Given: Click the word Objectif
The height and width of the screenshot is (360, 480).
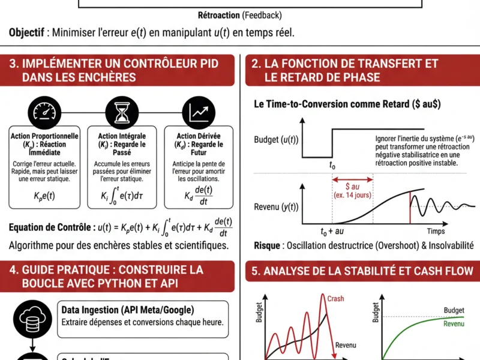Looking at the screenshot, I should [28, 33].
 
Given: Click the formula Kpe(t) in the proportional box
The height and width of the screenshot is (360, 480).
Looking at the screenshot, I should [45, 195].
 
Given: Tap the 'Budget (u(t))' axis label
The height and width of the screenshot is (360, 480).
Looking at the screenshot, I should [276, 140].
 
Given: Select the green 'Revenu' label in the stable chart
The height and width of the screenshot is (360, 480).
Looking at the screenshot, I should [454, 324].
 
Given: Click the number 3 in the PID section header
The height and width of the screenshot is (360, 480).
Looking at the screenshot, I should [13, 64].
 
